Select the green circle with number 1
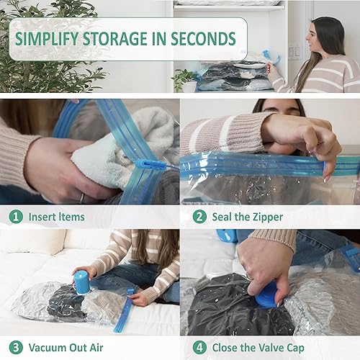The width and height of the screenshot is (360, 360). coord(14,217)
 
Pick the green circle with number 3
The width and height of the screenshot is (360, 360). coord(14,347)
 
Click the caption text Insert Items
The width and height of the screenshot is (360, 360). coord(57,217)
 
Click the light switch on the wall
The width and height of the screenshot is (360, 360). coord(293,54)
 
